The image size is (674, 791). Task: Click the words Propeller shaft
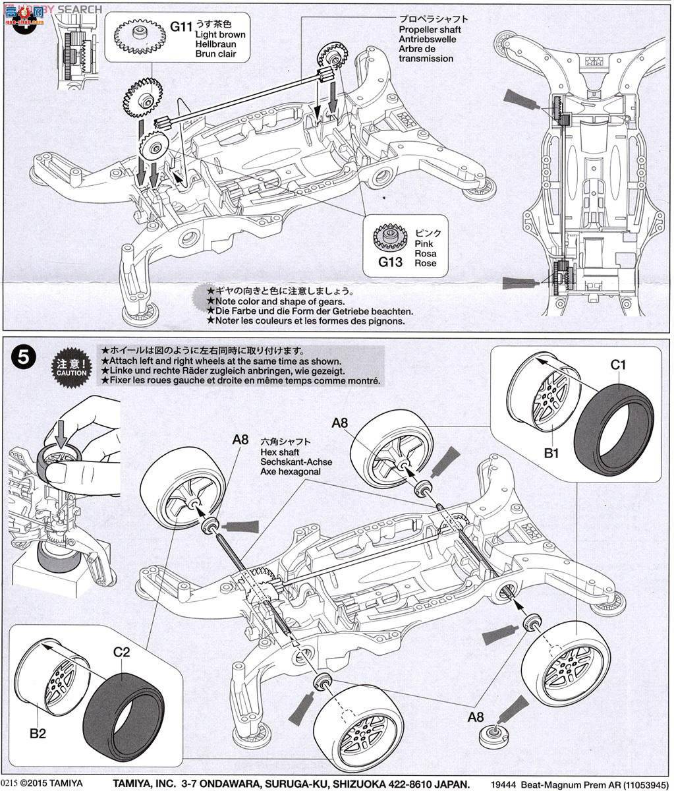430,30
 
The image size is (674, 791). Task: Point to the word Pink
426,243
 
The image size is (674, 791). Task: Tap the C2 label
121,653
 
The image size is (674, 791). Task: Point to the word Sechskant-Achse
296,462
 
